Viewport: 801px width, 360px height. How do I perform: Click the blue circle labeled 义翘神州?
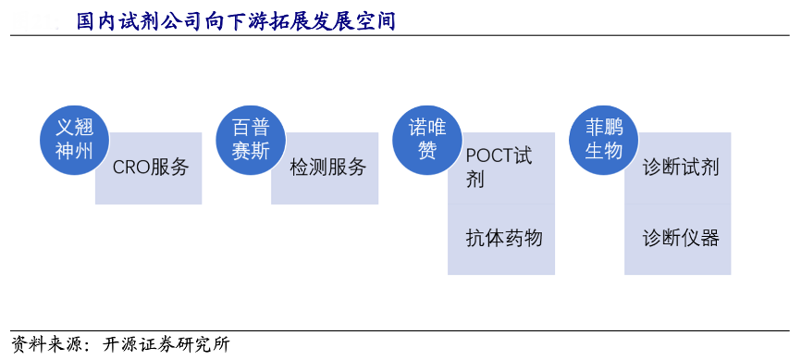click(x=75, y=140)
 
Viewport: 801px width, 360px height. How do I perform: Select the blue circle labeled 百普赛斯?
click(x=251, y=140)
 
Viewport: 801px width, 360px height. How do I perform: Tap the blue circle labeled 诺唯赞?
click(x=427, y=140)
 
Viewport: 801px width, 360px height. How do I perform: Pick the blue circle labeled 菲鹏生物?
click(x=604, y=140)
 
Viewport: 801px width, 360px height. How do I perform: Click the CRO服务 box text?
click(x=151, y=168)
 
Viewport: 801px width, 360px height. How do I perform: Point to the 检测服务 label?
click(x=328, y=168)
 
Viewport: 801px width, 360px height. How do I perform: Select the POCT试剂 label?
click(x=499, y=168)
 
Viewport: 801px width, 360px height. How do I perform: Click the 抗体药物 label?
click(x=504, y=238)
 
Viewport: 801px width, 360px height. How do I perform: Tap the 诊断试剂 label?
click(x=681, y=168)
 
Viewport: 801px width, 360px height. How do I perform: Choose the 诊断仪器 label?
click(x=681, y=238)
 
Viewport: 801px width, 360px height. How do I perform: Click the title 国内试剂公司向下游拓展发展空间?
click(x=236, y=22)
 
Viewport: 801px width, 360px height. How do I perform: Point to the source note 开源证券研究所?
click(x=166, y=344)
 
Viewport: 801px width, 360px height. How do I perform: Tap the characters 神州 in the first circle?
click(x=75, y=152)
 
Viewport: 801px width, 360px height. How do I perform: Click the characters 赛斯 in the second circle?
click(x=251, y=152)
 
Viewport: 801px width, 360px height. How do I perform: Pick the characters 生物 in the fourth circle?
click(x=604, y=152)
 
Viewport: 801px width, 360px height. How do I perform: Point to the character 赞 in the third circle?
click(x=427, y=152)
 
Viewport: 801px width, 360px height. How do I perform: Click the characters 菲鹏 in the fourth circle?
click(x=604, y=128)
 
